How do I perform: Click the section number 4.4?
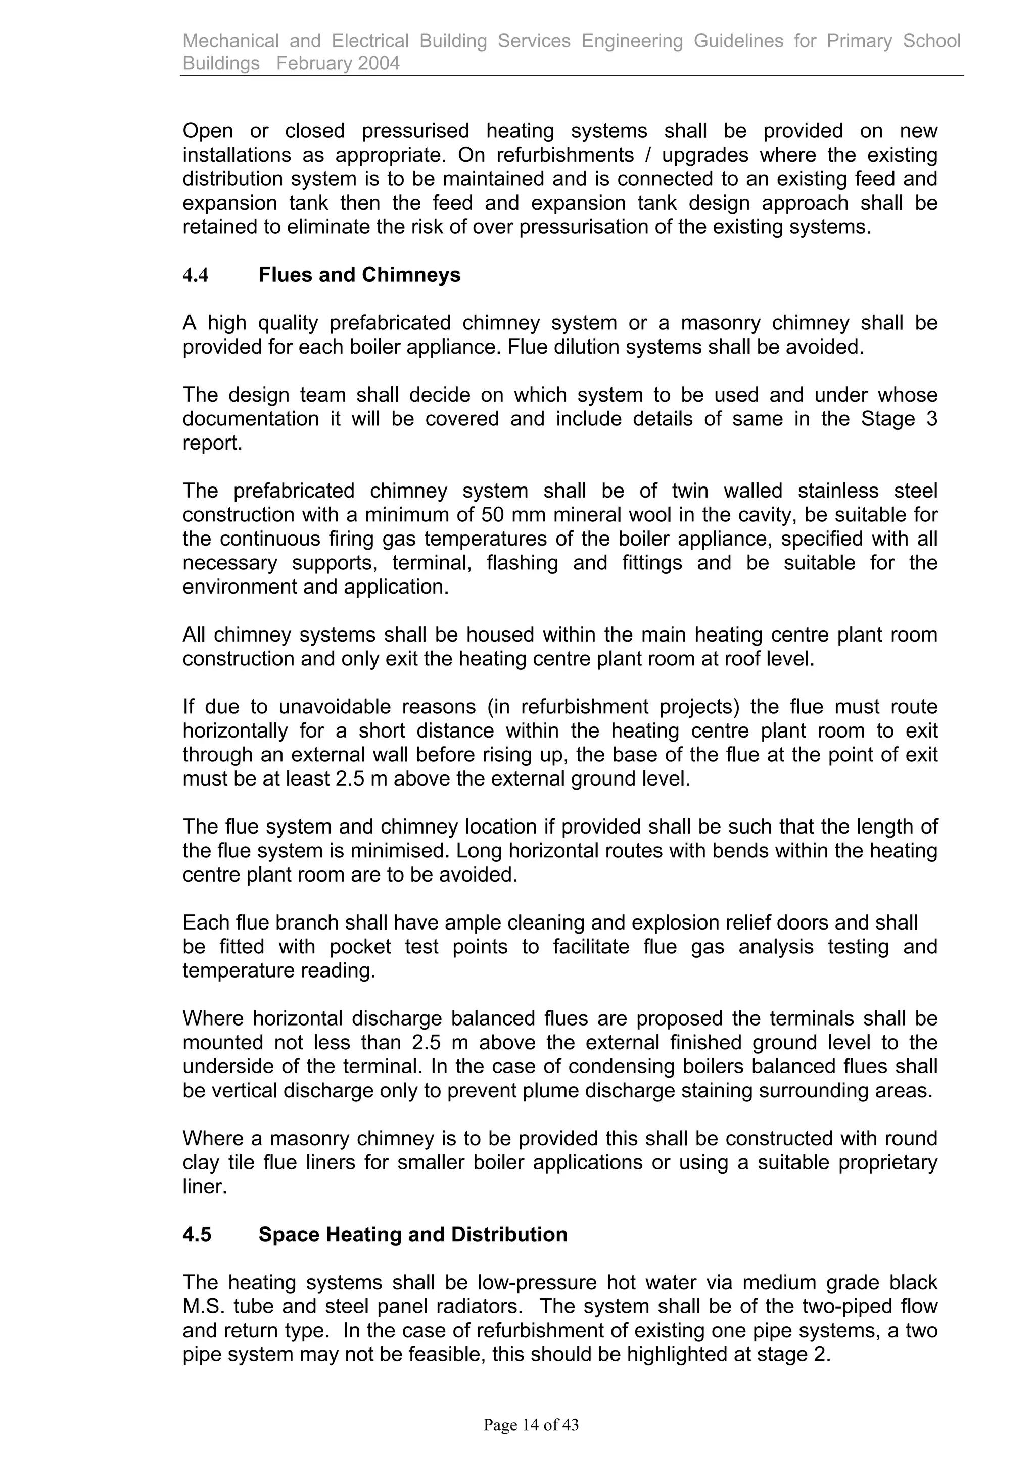195,275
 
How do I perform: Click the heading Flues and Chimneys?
359,275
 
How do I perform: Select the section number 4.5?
197,1235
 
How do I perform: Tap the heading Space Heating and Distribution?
412,1235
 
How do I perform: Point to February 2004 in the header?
338,63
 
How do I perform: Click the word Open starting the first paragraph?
207,131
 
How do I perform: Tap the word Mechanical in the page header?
230,41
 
